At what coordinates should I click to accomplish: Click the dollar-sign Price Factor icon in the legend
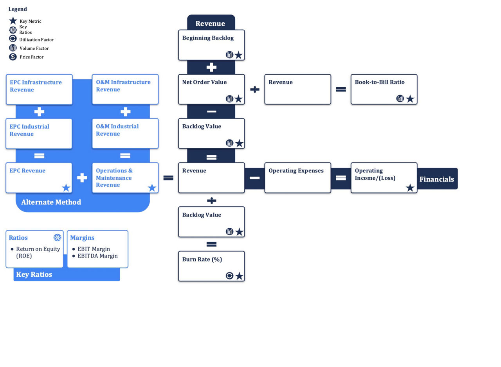[x=13, y=57]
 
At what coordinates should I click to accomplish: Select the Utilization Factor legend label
[x=36, y=39]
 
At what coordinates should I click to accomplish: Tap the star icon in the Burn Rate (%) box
[x=239, y=276]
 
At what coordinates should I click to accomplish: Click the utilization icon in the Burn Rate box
[x=230, y=276]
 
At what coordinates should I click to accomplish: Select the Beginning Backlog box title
[x=208, y=38]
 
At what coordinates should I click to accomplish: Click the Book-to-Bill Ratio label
[x=379, y=82]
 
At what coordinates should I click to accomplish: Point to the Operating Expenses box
[x=297, y=178]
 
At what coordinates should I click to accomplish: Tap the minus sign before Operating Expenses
[x=254, y=178]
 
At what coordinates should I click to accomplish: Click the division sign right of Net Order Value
[x=254, y=90]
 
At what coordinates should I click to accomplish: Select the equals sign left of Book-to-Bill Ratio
[x=341, y=90]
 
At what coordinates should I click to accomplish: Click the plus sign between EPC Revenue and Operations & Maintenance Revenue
[x=82, y=178]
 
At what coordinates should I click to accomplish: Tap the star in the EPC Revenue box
[x=66, y=188]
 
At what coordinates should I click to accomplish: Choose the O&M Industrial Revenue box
[x=125, y=134]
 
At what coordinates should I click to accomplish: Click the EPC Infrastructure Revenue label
[x=36, y=86]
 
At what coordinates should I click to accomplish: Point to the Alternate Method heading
[x=51, y=202]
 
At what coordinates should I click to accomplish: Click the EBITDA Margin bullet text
[x=97, y=256]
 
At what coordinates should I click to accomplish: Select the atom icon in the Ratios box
[x=57, y=238]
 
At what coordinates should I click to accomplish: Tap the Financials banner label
[x=436, y=179]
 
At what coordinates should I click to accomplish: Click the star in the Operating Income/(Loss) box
[x=410, y=188]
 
